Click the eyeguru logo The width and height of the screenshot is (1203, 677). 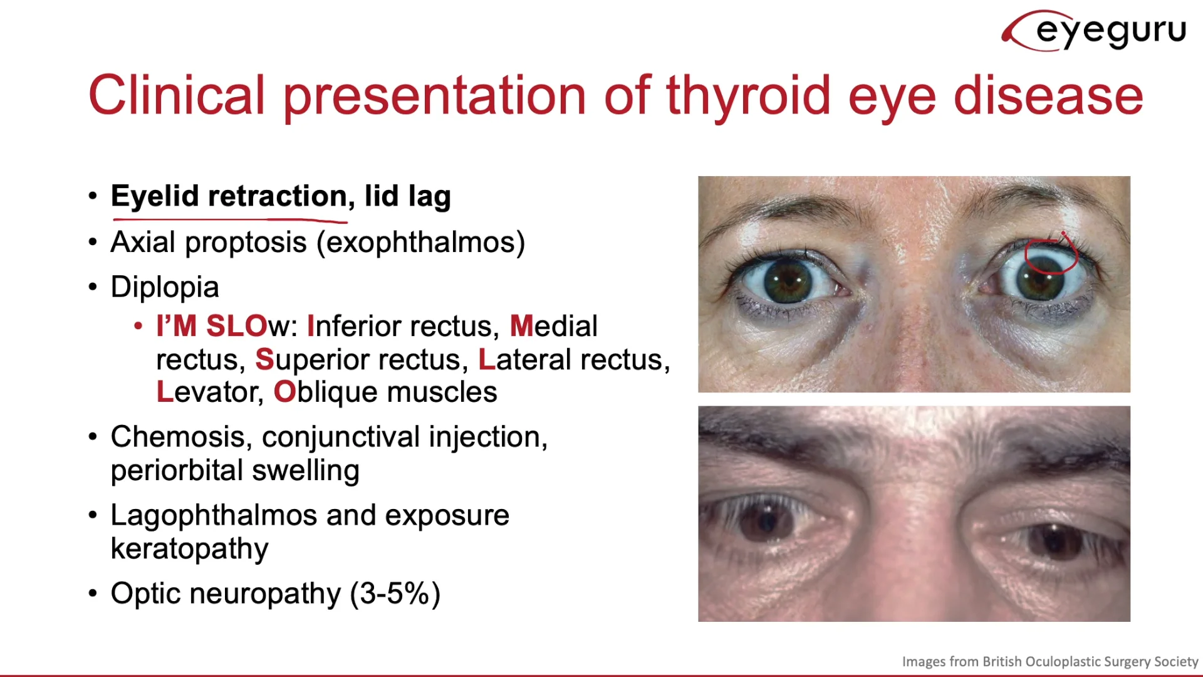1094,30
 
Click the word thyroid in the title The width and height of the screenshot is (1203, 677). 748,96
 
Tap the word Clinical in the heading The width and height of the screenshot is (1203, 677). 177,95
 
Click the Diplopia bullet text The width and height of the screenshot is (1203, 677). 165,288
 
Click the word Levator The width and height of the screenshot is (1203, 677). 209,392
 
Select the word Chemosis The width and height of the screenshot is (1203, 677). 181,438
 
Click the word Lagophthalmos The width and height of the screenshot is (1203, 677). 214,516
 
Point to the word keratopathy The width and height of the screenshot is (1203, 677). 190,549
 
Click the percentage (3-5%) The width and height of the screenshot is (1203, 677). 395,594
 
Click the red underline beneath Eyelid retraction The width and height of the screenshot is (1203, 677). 230,220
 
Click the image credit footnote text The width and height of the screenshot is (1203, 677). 1050,661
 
